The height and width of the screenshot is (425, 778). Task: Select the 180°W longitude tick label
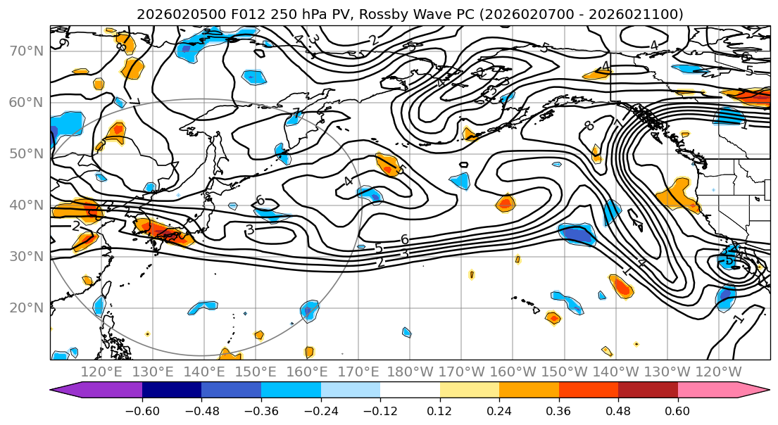click(410, 372)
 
